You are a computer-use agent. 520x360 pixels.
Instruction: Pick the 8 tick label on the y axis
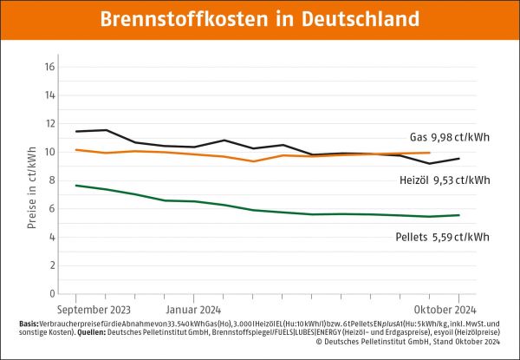(x=52, y=180)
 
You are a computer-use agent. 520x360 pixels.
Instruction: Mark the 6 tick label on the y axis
(x=52, y=208)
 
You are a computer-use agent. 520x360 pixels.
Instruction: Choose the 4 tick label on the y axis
(x=52, y=237)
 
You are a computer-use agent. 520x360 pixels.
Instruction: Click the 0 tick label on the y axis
(x=52, y=293)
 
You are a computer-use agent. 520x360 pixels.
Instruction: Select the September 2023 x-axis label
(x=94, y=308)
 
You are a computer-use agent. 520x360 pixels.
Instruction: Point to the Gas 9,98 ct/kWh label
(x=447, y=137)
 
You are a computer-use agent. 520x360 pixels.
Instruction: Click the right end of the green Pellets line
(x=459, y=215)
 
